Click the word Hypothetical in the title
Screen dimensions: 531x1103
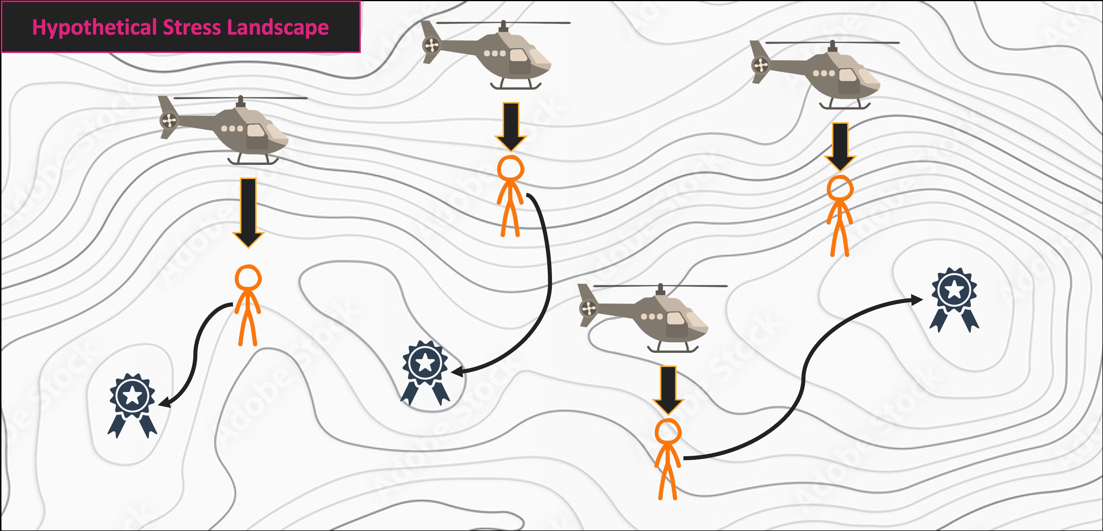click(x=94, y=27)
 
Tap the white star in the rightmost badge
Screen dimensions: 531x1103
click(x=954, y=290)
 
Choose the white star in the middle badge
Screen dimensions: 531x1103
click(x=425, y=362)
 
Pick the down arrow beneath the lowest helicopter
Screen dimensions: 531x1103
click(x=668, y=390)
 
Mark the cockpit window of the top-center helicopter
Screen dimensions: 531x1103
click(x=518, y=56)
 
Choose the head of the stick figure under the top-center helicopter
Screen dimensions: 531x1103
click(x=510, y=168)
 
